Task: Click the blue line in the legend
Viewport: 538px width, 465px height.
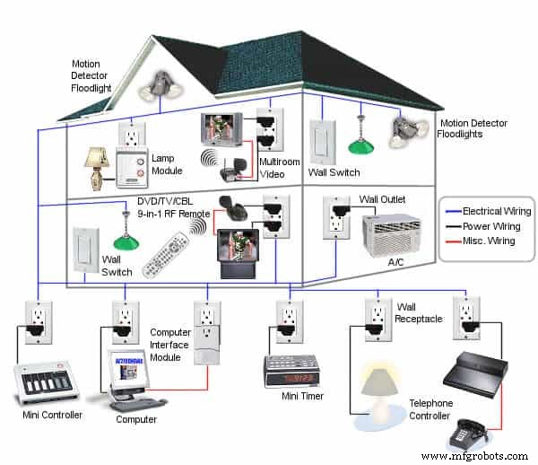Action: coord(455,212)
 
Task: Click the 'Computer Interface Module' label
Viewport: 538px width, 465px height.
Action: coord(170,345)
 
